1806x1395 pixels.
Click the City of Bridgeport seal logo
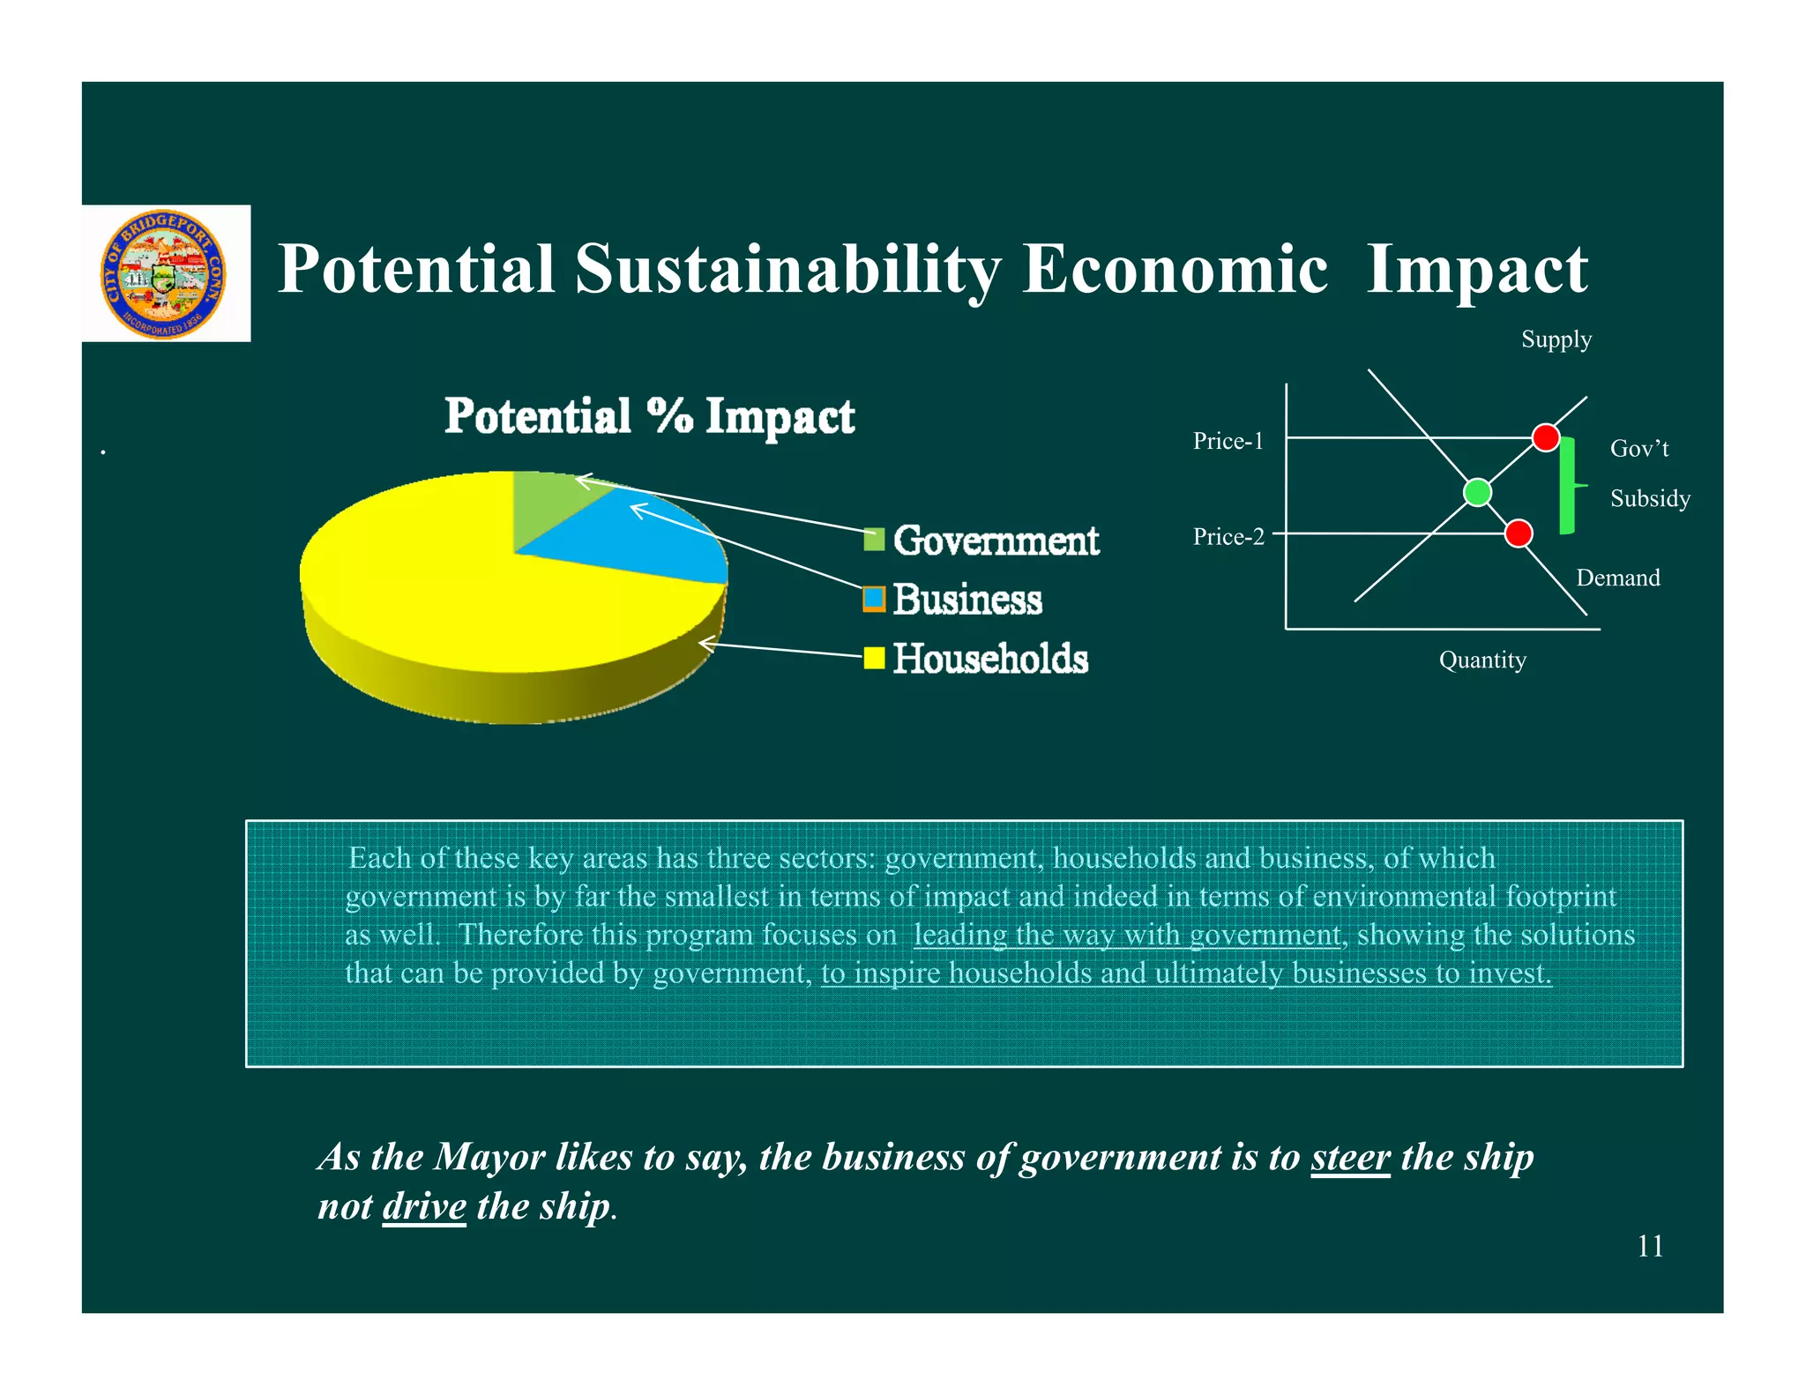pos(164,274)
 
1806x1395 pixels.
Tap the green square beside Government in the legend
pos(874,540)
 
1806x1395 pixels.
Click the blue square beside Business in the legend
pos(874,599)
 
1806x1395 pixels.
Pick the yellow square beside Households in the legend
pos(874,658)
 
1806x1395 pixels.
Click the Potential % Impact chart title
pos(649,416)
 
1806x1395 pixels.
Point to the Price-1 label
pos(1228,441)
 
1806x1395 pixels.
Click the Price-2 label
pos(1228,536)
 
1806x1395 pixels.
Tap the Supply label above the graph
pos(1556,339)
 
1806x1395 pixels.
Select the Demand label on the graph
pos(1617,578)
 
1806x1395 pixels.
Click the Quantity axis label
pos(1482,660)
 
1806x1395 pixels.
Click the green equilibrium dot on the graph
pos(1477,492)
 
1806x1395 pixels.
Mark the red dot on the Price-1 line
pos(1546,437)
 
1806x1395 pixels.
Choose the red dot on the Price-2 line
pos(1518,533)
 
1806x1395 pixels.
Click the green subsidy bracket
pos(1567,485)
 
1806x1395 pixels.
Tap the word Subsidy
pos(1650,498)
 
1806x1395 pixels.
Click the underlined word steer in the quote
pos(1350,1157)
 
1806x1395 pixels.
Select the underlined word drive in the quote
pos(424,1206)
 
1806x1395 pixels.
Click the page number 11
pos(1650,1246)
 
